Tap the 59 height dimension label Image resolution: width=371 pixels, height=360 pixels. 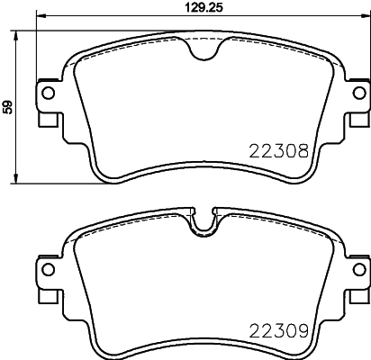tap(8, 107)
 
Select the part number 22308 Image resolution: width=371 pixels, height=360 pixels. tap(278, 153)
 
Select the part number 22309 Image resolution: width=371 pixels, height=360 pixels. tap(279, 330)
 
